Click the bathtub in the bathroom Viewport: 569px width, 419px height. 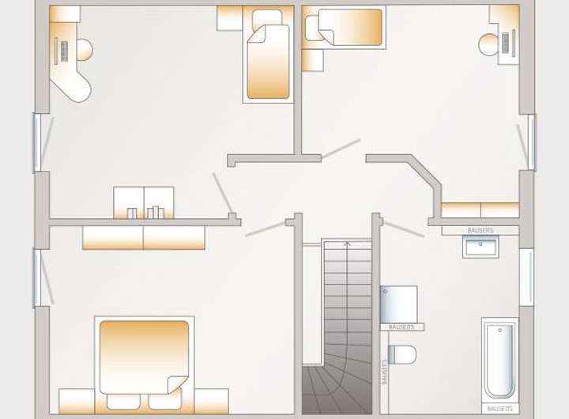(499, 360)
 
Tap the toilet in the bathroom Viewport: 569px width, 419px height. (401, 354)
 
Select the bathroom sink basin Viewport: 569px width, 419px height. (481, 247)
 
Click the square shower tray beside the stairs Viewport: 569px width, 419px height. (398, 304)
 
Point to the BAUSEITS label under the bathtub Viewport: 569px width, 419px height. (499, 408)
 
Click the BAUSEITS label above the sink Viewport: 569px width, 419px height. (480, 230)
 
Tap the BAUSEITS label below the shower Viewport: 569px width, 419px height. (401, 327)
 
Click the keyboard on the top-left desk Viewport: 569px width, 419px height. (62, 51)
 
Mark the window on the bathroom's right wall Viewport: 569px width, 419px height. (526, 277)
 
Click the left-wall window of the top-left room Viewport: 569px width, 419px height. (36, 142)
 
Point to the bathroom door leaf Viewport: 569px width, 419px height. (404, 228)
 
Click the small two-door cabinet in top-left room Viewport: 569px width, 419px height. (144, 202)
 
